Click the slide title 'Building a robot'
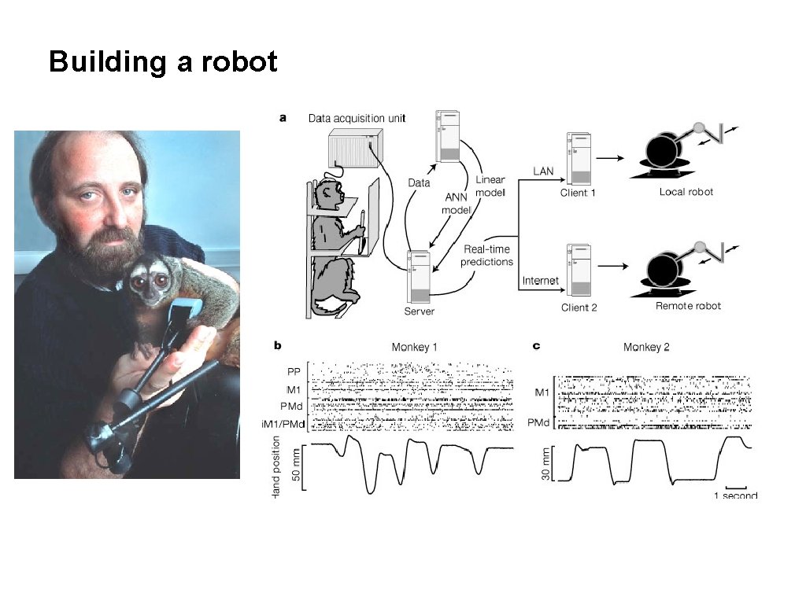163,61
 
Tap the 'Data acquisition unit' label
357,119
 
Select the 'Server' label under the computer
419,311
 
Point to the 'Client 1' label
579,193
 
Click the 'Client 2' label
579,307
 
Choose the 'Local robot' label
686,192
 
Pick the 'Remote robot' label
688,305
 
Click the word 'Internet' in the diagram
541,281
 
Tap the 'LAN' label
543,169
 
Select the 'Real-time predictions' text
487,256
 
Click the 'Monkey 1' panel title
415,347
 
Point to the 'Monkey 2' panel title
646,347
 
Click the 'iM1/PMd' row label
286,425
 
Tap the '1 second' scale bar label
735,495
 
